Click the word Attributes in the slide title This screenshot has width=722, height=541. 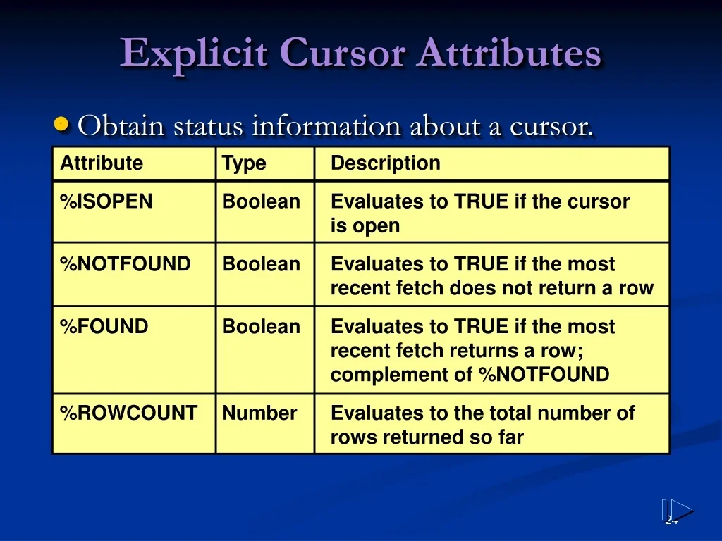pos(508,54)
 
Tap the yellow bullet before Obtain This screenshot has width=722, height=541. pos(62,125)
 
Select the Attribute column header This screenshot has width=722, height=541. pos(102,163)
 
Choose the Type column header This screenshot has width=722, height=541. pos(244,163)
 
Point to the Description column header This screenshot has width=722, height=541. pos(386,163)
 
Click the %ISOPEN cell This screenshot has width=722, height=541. pos(106,202)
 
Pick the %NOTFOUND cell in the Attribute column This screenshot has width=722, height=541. pos(126,265)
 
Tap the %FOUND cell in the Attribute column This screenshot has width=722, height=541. pos(104,328)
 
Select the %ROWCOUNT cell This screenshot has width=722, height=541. pos(129,413)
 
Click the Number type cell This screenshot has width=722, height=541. pos(259,413)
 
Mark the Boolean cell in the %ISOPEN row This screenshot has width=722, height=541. pos(261,202)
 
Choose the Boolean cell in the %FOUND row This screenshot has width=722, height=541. pos(261,328)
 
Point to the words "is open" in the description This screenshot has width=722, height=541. pos(365,226)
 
